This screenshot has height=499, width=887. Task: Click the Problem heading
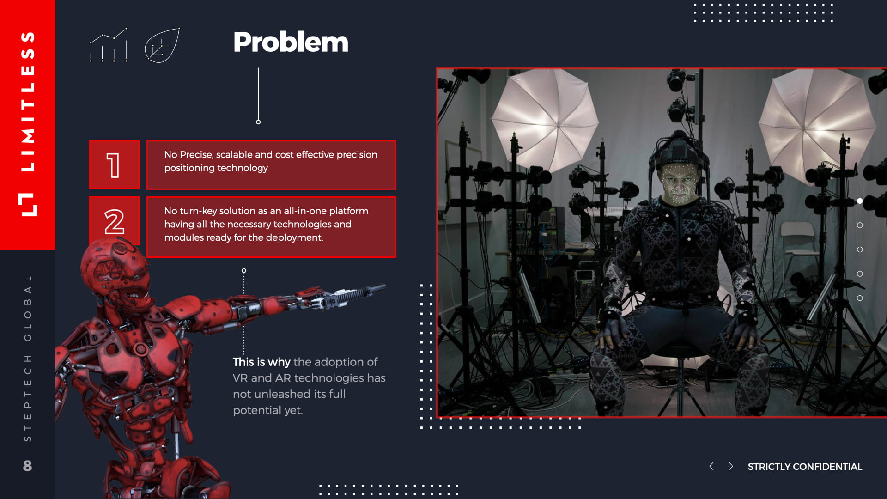pyautogui.click(x=291, y=42)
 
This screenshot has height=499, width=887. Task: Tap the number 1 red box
pyautogui.click(x=114, y=164)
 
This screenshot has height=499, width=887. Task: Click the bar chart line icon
pyautogui.click(x=109, y=45)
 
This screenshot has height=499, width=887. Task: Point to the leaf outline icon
pyautogui.click(x=162, y=45)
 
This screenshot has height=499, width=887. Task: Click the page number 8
pyautogui.click(x=28, y=465)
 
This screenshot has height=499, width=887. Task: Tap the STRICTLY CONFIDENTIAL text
pyautogui.click(x=805, y=467)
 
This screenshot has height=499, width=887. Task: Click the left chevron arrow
pyautogui.click(x=711, y=466)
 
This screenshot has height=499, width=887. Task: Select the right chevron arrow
pyautogui.click(x=730, y=466)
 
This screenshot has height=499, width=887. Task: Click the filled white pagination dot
pyautogui.click(x=860, y=201)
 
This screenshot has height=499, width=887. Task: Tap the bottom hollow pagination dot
pyautogui.click(x=860, y=298)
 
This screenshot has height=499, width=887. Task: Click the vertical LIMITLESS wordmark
pyautogui.click(x=28, y=102)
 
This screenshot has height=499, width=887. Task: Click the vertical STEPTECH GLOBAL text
pyautogui.click(x=28, y=358)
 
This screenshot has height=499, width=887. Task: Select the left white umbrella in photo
pyautogui.click(x=545, y=120)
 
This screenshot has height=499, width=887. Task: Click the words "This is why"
pyautogui.click(x=261, y=362)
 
